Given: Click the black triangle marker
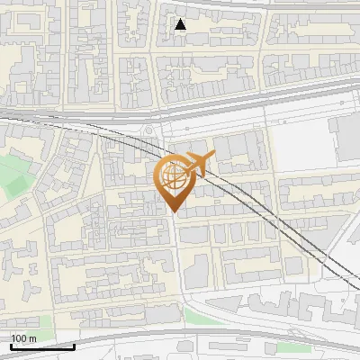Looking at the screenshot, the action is pyautogui.click(x=181, y=24).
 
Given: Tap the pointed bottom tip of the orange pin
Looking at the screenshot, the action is pyautogui.click(x=174, y=211).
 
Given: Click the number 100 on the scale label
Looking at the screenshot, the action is pyautogui.click(x=20, y=337).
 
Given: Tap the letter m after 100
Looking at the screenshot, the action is pyautogui.click(x=32, y=337).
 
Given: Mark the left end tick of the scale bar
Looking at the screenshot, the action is pyautogui.click(x=12, y=345).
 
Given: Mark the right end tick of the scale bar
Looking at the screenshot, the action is pyautogui.click(x=73, y=345).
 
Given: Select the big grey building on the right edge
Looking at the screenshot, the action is pyautogui.click(x=346, y=135).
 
